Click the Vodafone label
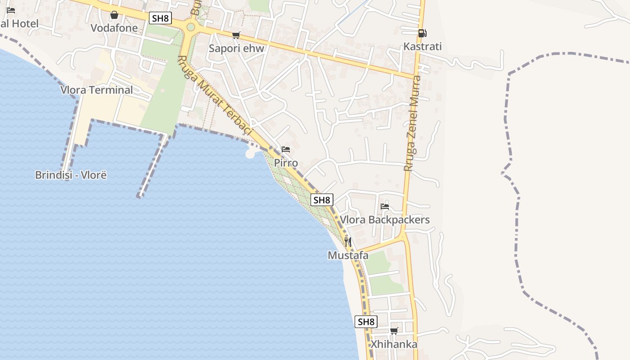point(114,28)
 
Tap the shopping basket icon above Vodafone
point(114,15)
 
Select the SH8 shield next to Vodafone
point(161,18)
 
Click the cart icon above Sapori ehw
point(236,35)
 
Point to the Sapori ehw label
point(236,48)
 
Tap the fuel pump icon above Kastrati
point(422,33)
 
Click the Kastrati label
point(423,46)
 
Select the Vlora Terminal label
point(97,90)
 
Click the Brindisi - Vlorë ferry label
point(71,175)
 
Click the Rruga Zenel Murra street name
point(412,123)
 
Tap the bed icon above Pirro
point(286,149)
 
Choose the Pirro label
point(286,162)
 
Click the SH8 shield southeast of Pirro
point(322,200)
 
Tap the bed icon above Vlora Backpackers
point(385,207)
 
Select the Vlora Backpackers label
point(385,220)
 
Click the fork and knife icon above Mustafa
point(348,242)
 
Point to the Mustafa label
point(348,256)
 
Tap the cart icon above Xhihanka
point(394,331)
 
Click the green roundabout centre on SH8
point(191,27)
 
